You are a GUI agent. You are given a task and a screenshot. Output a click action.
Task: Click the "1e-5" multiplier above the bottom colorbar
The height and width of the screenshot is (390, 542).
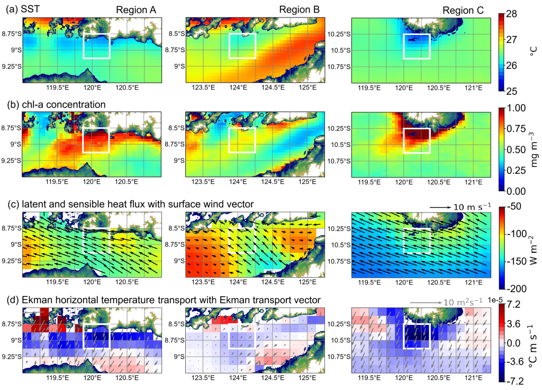[x=511, y=298]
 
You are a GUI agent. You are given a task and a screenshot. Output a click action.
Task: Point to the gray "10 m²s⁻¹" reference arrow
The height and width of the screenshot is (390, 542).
[x=427, y=303]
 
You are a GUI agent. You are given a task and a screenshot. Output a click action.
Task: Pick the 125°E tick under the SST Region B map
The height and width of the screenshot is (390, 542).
[x=308, y=87]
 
